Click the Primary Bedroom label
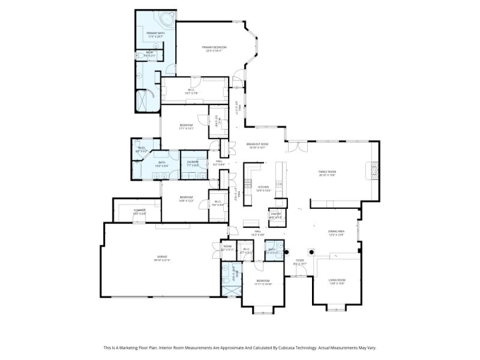click(214, 47)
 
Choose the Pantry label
click(275, 214)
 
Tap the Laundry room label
click(193, 162)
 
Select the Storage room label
click(139, 210)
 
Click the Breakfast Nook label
click(257, 144)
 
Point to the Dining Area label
click(336, 232)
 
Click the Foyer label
click(299, 260)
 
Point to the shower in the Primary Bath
click(148, 100)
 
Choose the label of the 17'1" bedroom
click(186, 125)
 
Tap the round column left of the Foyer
click(287, 252)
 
